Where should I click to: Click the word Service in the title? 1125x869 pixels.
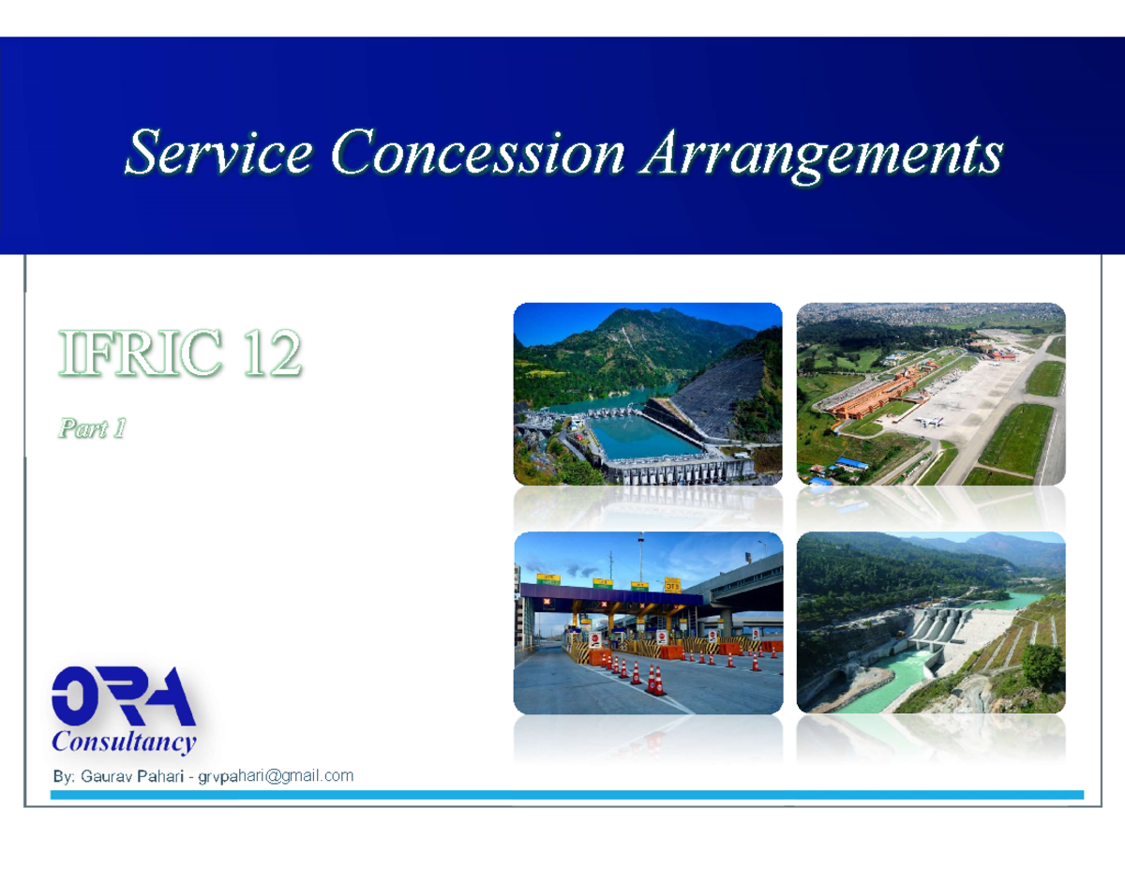coord(218,152)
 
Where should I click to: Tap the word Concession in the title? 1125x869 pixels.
coord(478,152)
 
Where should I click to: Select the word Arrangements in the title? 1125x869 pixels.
coord(822,156)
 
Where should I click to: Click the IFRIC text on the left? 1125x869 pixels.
coord(141,353)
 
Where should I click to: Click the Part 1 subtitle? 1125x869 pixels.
coord(92,428)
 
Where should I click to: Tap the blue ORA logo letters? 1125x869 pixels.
coord(123,696)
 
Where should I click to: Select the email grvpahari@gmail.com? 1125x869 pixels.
coord(276,776)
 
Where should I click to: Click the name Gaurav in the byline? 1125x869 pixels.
coord(106,776)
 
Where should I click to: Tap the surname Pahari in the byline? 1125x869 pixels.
coord(160,776)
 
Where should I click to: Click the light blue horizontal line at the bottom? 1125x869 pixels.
coord(567,794)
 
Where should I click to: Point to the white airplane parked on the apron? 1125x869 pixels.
coord(929,421)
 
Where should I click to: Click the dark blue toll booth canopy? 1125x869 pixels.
coord(611,595)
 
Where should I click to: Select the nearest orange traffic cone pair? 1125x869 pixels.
coord(655,680)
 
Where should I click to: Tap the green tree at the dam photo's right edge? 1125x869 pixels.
coord(1042,664)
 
